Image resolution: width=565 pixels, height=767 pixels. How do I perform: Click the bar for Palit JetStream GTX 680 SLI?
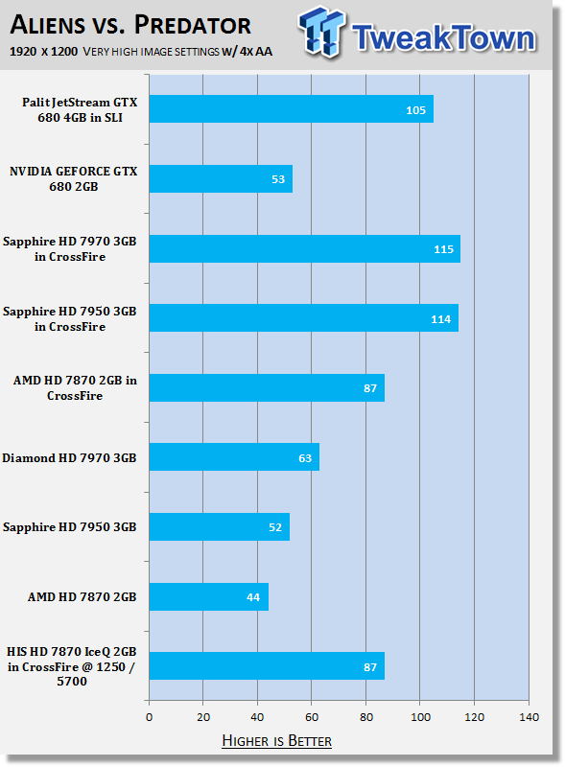(x=292, y=109)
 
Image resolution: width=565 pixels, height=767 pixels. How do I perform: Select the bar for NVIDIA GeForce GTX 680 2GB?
(x=221, y=178)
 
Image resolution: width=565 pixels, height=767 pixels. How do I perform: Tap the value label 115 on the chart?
(x=443, y=249)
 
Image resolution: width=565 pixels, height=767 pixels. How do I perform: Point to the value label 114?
(x=440, y=319)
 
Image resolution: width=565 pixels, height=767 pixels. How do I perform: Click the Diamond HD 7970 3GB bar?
(x=234, y=457)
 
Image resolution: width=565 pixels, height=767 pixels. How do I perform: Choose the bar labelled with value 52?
(x=220, y=526)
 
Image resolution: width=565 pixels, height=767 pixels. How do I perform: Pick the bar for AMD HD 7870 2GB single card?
(x=209, y=596)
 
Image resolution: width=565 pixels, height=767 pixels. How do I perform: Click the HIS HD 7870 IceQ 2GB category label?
(x=72, y=666)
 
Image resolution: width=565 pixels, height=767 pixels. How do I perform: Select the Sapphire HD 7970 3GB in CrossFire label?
(x=69, y=249)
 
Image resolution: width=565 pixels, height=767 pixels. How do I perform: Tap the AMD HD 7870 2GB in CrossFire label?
(x=75, y=388)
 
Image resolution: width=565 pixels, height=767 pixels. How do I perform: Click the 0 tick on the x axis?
(x=150, y=717)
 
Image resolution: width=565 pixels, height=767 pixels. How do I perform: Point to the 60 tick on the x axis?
(x=312, y=717)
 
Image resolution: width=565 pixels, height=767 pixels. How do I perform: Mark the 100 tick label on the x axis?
(x=420, y=717)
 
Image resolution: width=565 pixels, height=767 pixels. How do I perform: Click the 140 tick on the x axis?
(x=530, y=717)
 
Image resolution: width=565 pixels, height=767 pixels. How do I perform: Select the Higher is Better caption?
(x=276, y=740)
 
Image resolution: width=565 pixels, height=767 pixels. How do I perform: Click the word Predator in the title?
(x=193, y=25)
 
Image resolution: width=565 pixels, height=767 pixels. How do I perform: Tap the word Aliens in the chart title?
(x=48, y=25)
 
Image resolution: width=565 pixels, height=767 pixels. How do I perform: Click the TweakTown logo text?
(x=443, y=37)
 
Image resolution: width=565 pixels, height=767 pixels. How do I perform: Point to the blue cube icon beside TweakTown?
(x=321, y=32)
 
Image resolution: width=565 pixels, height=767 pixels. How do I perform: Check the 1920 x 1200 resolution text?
(x=43, y=52)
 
